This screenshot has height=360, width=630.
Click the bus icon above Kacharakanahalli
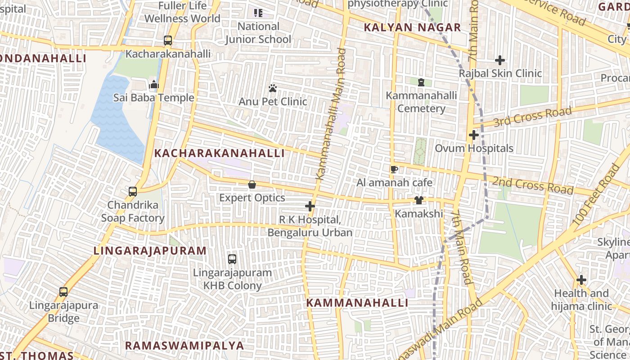[168, 40]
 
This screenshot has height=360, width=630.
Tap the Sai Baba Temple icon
[154, 84]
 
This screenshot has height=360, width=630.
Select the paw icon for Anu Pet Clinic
[273, 88]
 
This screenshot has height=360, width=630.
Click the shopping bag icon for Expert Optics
[252, 184]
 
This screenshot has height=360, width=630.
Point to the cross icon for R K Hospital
[310, 207]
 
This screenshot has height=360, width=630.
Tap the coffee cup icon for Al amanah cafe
[394, 169]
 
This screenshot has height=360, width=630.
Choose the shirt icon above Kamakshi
[419, 200]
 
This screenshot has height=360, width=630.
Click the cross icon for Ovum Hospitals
[473, 135]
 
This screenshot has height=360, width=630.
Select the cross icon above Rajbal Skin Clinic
[499, 60]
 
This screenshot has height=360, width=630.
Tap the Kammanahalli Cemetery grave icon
[421, 82]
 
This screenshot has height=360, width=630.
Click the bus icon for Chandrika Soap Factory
[133, 192]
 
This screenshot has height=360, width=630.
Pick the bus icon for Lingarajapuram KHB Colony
[232, 259]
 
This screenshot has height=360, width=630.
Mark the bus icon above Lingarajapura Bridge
[63, 292]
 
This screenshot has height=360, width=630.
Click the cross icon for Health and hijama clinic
[581, 280]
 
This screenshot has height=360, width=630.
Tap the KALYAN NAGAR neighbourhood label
[412, 27]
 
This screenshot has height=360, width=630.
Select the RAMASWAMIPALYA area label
[184, 346]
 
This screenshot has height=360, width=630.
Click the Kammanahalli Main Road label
[332, 115]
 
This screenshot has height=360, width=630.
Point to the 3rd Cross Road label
[532, 117]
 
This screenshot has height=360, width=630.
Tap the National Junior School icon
[258, 13]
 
